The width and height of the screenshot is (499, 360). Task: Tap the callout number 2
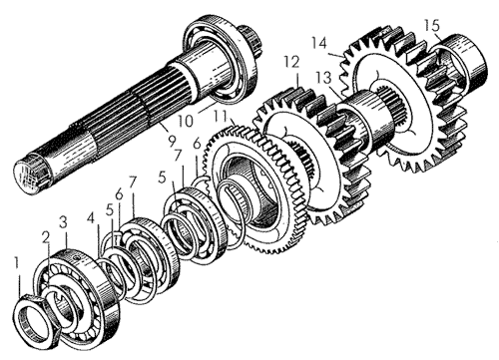click(46, 238)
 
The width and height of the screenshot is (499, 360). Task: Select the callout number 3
click(64, 222)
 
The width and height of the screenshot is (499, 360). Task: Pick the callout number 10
click(185, 121)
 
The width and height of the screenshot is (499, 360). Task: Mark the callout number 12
click(291, 62)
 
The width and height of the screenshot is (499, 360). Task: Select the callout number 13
click(324, 78)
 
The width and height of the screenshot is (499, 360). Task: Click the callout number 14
click(319, 43)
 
